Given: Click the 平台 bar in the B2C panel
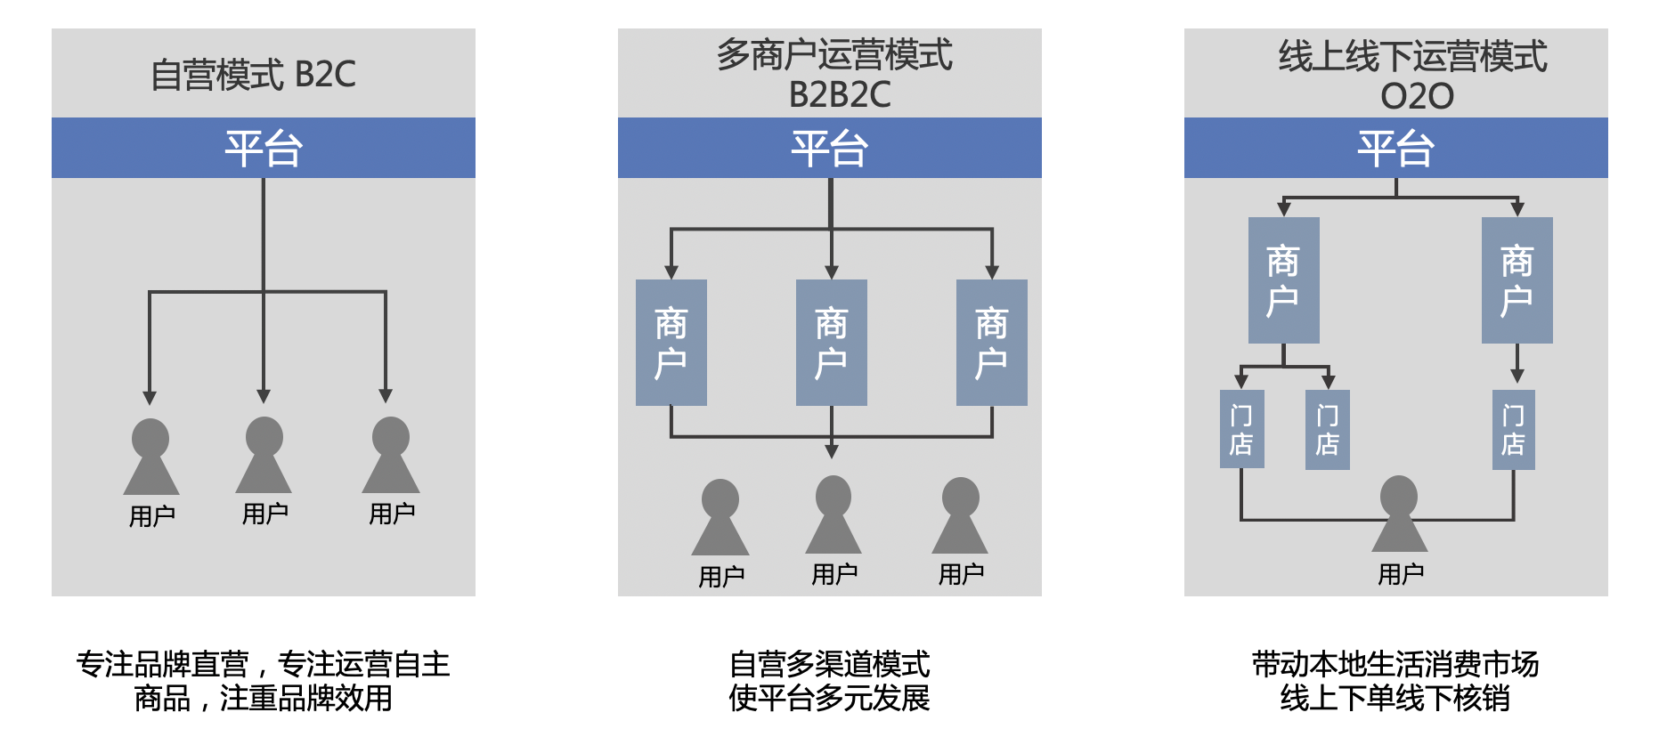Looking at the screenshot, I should pyautogui.click(x=264, y=148).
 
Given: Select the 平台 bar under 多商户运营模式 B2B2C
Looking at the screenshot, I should pyautogui.click(x=829, y=148).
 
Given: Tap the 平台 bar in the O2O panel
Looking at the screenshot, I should pyautogui.click(x=1395, y=148).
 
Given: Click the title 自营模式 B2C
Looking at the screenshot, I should pyautogui.click(x=253, y=74).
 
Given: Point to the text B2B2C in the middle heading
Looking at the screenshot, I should pyautogui.click(x=839, y=94).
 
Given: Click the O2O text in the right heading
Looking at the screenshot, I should pyautogui.click(x=1417, y=96).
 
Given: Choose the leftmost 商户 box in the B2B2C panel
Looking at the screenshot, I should pyautogui.click(x=671, y=343).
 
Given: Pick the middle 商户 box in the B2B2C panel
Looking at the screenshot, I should pyautogui.click(x=831, y=343).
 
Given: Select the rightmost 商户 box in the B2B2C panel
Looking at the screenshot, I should pyautogui.click(x=991, y=343).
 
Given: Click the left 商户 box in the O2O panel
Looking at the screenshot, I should pyautogui.click(x=1283, y=280).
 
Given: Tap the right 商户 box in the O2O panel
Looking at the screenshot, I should pyautogui.click(x=1517, y=280).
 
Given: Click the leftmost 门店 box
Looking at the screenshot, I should pyautogui.click(x=1241, y=430).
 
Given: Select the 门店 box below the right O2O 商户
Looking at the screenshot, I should pyautogui.click(x=1513, y=430).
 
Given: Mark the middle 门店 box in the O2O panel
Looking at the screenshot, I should pyautogui.click(x=1327, y=430).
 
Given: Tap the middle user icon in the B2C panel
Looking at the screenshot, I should pyautogui.click(x=264, y=455).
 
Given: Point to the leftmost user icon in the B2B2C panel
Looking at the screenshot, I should pyautogui.click(x=720, y=517).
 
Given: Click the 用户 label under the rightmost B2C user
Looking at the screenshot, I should pyautogui.click(x=392, y=514).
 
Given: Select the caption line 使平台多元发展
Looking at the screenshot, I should pyautogui.click(x=829, y=699).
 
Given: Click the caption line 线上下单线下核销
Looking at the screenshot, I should pyautogui.click(x=1395, y=699).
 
